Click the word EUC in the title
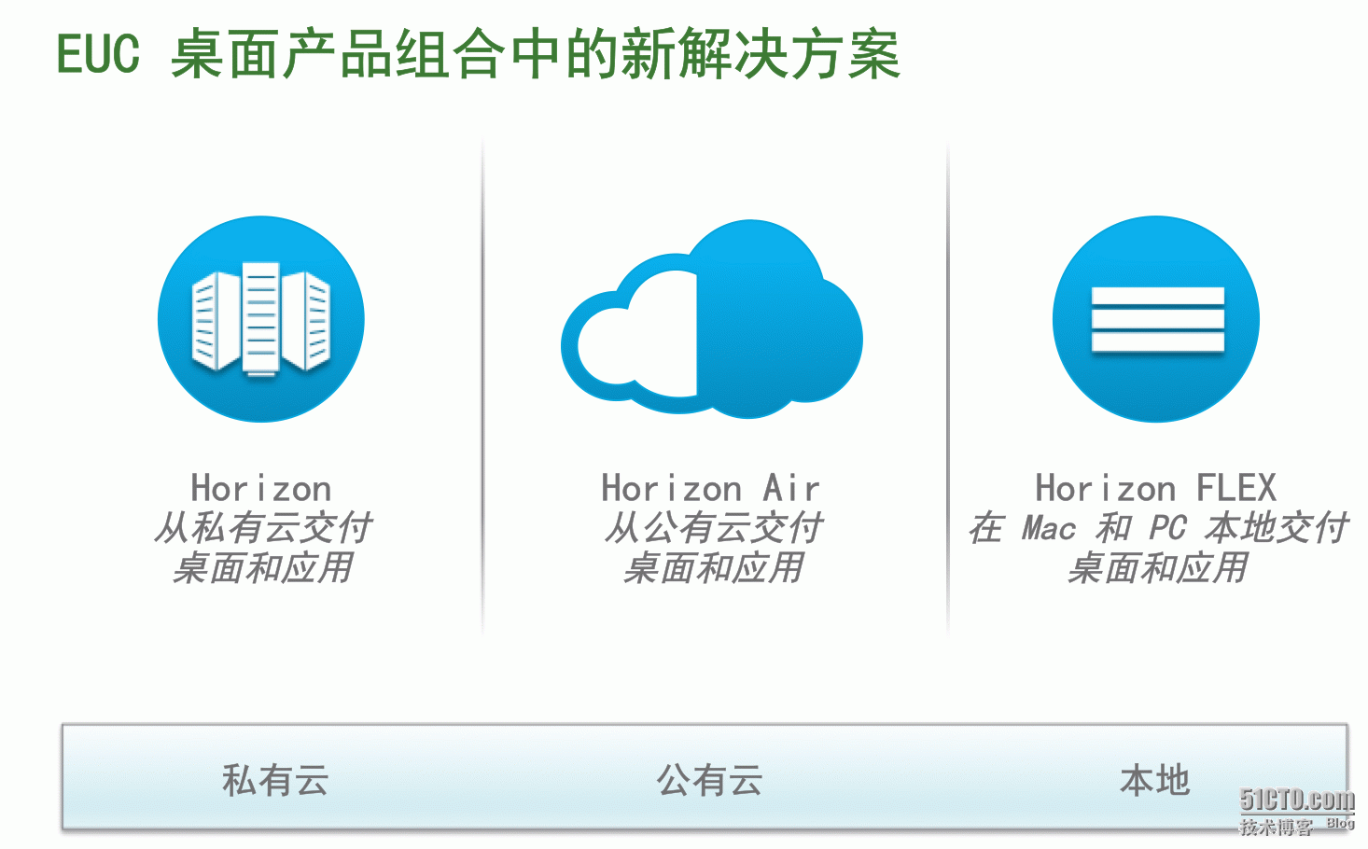[98, 54]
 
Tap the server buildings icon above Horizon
[261, 319]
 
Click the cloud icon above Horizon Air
[712, 319]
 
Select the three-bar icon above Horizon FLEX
[1156, 319]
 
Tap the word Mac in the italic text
[1049, 528]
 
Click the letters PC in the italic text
[1167, 528]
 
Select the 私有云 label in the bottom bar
[275, 780]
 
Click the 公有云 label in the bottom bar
[709, 780]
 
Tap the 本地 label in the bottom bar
[1155, 780]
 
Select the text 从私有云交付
[263, 528]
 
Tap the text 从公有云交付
[713, 528]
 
